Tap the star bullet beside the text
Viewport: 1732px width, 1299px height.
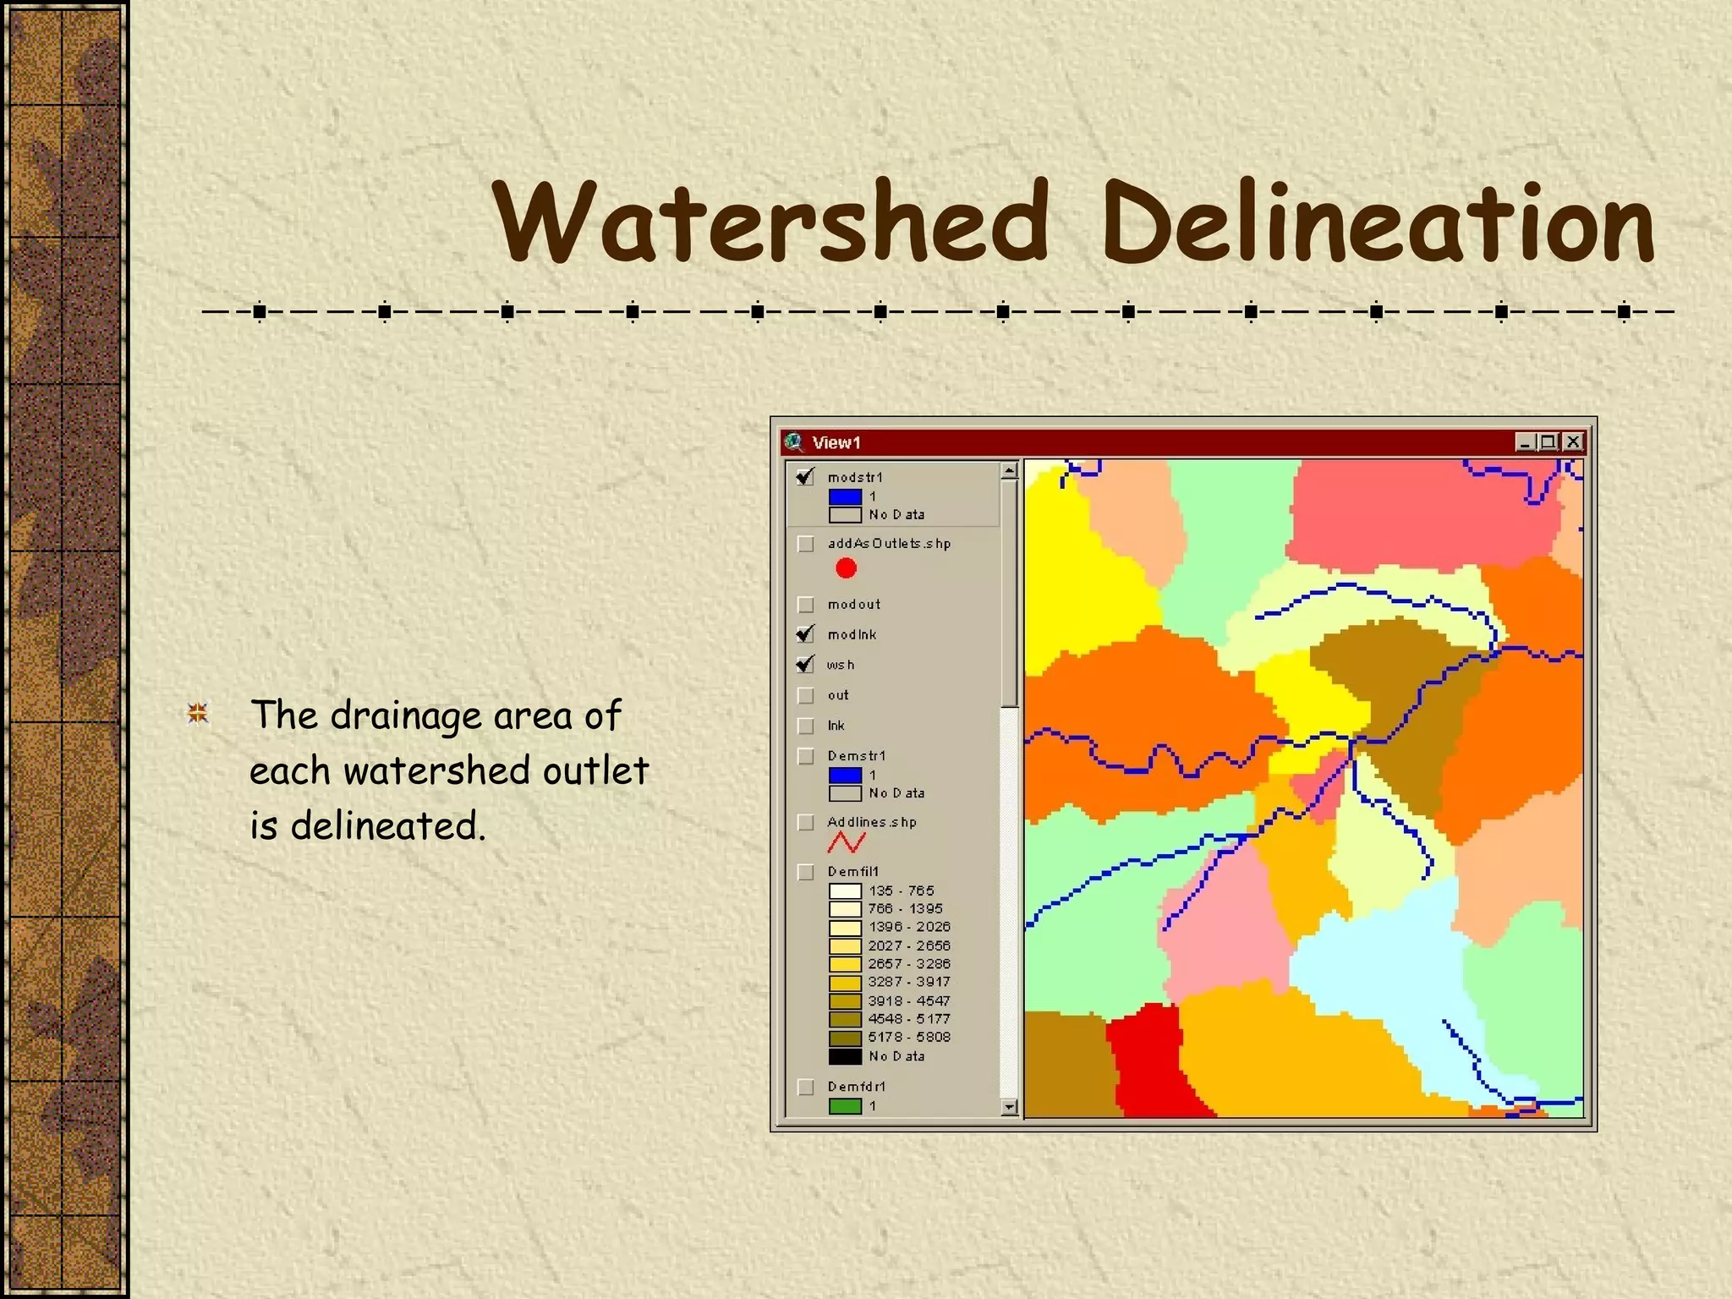pos(198,715)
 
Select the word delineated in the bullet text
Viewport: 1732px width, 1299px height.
pos(387,826)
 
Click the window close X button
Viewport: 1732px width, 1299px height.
pos(1573,441)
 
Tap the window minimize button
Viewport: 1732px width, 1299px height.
pos(1525,441)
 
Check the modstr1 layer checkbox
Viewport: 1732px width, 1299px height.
pos(805,477)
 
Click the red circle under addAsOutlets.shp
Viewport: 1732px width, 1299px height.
pos(846,568)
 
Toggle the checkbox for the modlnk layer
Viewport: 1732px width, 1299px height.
pos(805,634)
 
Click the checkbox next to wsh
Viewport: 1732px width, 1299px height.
pos(805,665)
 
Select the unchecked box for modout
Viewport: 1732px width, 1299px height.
pos(805,605)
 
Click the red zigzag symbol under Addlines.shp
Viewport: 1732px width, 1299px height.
pos(846,842)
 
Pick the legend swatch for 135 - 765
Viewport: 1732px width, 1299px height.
pos(845,891)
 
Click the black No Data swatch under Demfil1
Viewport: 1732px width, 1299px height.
pos(845,1056)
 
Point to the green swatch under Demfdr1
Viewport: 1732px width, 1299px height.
pos(845,1106)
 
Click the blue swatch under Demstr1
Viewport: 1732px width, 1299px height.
pos(845,775)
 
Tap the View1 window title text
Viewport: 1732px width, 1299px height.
pos(836,442)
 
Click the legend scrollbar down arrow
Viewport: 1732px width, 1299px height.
pos(1009,1107)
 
